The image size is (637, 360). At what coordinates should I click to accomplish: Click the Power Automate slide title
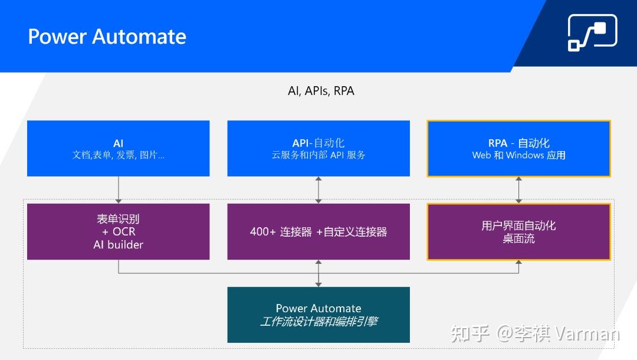point(107,37)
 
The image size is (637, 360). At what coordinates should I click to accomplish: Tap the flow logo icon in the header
point(592,32)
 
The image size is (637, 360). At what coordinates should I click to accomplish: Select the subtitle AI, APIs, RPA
point(321,91)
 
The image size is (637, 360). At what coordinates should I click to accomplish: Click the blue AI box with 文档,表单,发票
point(118,149)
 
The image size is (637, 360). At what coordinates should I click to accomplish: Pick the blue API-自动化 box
point(318,149)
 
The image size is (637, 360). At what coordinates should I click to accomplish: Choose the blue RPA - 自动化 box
point(518,149)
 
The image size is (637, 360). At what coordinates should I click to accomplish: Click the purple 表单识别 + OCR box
point(118,231)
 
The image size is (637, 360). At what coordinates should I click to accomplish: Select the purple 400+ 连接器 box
point(318,231)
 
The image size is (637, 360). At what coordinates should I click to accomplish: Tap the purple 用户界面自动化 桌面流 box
point(518,231)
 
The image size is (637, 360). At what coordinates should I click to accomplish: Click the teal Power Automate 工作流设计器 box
point(318,315)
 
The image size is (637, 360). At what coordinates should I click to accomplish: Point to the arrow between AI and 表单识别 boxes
point(119,189)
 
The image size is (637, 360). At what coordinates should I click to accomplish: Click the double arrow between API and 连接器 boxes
point(318,189)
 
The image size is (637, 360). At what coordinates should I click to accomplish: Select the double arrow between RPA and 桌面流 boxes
point(519,189)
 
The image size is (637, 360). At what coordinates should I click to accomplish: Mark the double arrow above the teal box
point(318,273)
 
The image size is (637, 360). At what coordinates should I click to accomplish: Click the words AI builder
point(118,244)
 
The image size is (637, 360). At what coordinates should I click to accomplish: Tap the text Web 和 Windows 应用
point(518,155)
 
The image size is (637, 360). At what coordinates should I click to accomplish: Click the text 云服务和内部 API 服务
point(318,155)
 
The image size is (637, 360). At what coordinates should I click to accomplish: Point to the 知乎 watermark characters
point(470,333)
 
